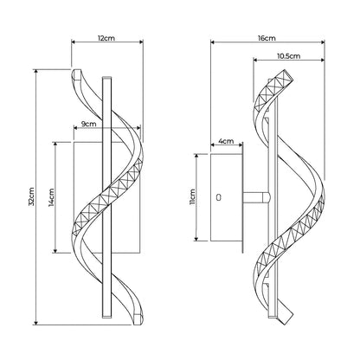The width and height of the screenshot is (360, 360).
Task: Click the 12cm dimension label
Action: (x=106, y=38)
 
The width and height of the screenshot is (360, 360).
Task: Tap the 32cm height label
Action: (x=31, y=196)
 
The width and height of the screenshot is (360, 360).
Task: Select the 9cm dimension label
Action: (x=88, y=124)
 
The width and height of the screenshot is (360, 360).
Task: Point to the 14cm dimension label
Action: (x=52, y=197)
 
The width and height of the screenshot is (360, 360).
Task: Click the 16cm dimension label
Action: (x=267, y=38)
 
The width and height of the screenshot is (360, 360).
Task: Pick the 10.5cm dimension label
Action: (x=288, y=55)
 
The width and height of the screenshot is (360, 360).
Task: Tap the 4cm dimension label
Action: (x=226, y=141)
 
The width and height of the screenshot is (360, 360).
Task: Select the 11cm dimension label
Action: (x=193, y=196)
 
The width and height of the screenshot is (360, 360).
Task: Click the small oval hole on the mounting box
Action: (x=219, y=197)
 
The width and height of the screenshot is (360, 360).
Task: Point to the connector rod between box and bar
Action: (x=257, y=197)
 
